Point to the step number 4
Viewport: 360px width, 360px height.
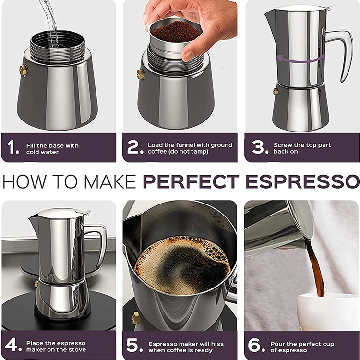pos(13,346)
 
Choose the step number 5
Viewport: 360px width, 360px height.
pos(135,346)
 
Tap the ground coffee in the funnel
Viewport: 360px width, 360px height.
pos(175,31)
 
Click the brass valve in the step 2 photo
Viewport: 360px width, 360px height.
pos(141,74)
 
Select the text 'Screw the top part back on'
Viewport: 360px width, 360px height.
pos(302,148)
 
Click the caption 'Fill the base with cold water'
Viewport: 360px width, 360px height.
pos(53,148)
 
